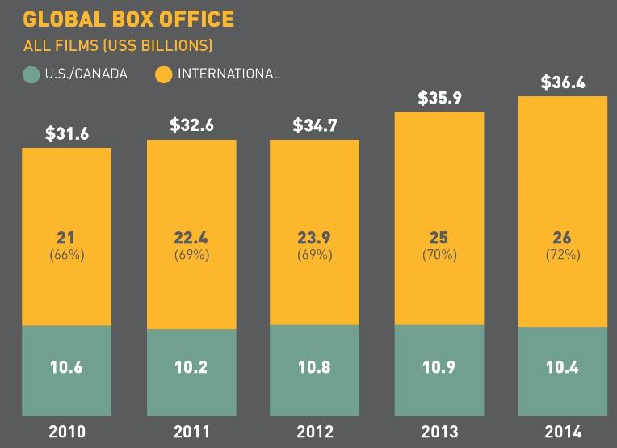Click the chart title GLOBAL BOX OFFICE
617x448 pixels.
pyautogui.click(x=128, y=18)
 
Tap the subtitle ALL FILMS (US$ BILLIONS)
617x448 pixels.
pyautogui.click(x=117, y=45)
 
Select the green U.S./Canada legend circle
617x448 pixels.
pyautogui.click(x=31, y=74)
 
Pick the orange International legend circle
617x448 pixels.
pyautogui.click(x=164, y=74)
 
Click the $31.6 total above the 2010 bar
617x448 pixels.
pyautogui.click(x=66, y=133)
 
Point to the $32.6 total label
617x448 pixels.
pyautogui.click(x=191, y=125)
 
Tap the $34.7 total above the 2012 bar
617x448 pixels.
pyautogui.click(x=315, y=125)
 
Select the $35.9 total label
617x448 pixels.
pyautogui.click(x=439, y=98)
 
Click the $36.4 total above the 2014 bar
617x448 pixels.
pyautogui.click(x=563, y=82)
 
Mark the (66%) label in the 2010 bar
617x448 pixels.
pyautogui.click(x=66, y=254)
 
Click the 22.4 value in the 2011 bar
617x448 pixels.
pyautogui.click(x=191, y=238)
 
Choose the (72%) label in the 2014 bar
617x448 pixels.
pyautogui.click(x=563, y=254)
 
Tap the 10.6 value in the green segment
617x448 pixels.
pyautogui.click(x=66, y=367)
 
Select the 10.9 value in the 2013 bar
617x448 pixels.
pyautogui.click(x=439, y=367)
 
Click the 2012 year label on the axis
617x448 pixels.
pyautogui.click(x=315, y=431)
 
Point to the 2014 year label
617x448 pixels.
pyautogui.click(x=563, y=431)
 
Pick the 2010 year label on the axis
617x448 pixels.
pyautogui.click(x=66, y=431)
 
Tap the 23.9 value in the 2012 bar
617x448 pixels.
pyautogui.click(x=315, y=238)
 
